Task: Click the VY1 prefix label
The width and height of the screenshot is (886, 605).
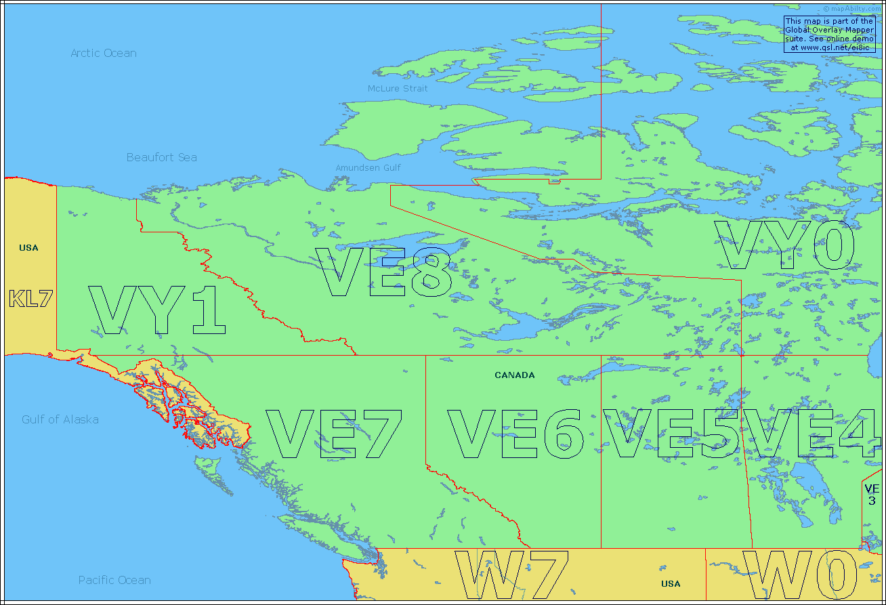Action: point(157,310)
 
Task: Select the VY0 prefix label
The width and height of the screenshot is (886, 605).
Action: point(786,245)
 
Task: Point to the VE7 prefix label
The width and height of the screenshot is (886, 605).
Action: point(335,434)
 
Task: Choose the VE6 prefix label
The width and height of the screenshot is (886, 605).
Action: point(515,434)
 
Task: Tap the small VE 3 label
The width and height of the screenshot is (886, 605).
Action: point(871,495)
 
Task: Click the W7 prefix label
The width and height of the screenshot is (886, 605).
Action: point(511,576)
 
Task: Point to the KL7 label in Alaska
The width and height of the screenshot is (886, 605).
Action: point(30,299)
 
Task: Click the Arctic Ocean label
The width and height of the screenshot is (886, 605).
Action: point(104,53)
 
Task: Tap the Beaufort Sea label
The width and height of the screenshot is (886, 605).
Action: point(162,157)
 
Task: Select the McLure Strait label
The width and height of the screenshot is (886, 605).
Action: point(398,89)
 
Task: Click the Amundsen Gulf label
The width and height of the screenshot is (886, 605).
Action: point(368,167)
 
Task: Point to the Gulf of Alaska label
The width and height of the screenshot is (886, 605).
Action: point(60,419)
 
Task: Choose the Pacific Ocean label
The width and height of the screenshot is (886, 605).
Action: point(114,580)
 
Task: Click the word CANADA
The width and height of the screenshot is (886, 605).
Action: point(515,375)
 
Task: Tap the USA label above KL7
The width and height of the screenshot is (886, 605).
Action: point(28,248)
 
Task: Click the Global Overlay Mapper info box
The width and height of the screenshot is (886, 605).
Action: point(829,35)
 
